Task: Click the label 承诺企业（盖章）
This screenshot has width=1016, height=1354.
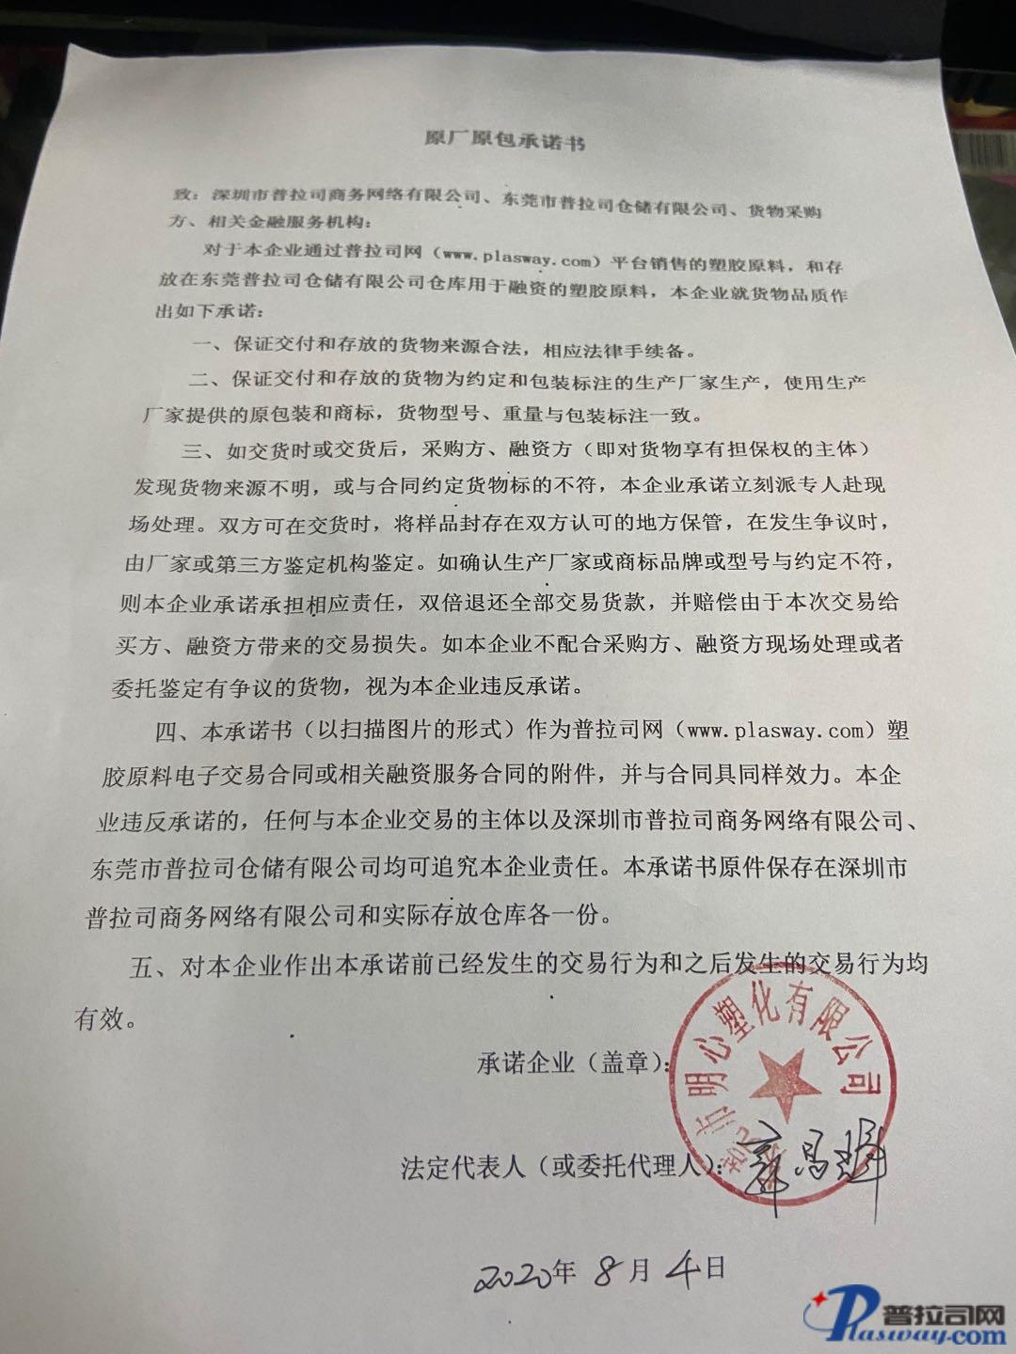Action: tap(574, 1063)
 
